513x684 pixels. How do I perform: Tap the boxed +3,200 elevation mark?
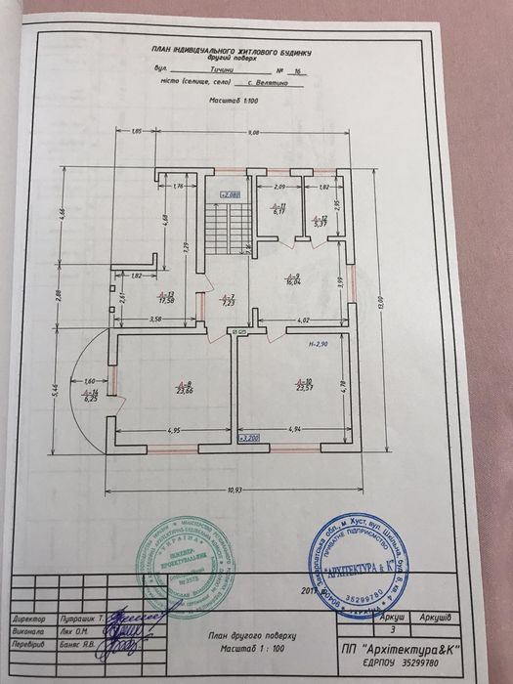click(x=250, y=439)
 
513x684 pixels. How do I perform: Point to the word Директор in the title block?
click(x=35, y=619)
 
